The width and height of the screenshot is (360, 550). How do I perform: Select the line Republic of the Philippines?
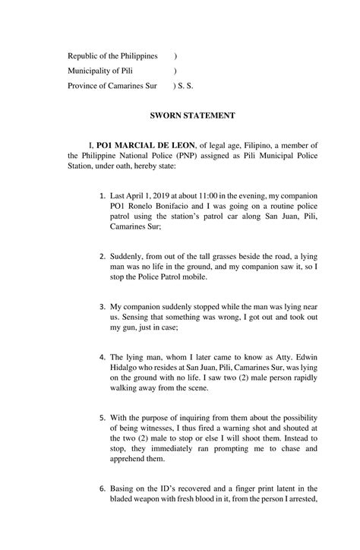point(112,56)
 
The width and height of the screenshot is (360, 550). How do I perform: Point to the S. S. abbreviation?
point(185,86)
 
